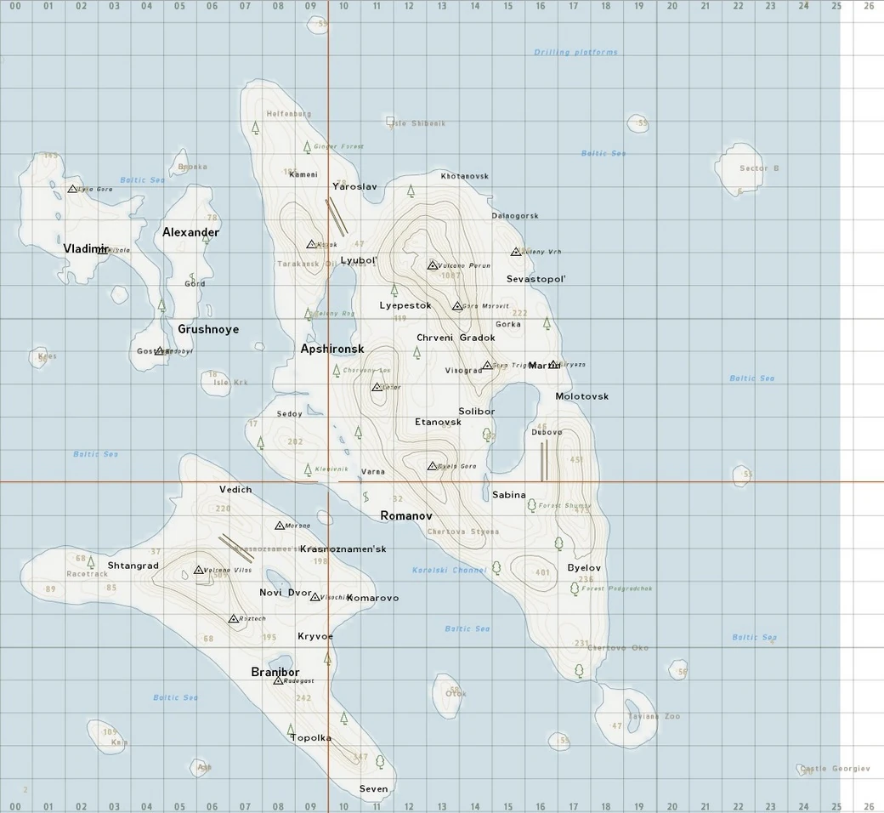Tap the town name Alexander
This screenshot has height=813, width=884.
(x=190, y=232)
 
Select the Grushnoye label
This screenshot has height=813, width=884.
(x=208, y=329)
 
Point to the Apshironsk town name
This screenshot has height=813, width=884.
(x=332, y=349)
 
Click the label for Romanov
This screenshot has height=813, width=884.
(x=406, y=516)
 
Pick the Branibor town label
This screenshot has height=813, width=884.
(x=275, y=672)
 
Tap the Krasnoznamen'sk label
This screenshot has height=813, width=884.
(x=343, y=549)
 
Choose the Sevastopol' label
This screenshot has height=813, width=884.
(x=535, y=279)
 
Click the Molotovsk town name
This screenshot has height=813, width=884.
(x=581, y=396)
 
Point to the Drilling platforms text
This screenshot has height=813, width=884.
(x=575, y=53)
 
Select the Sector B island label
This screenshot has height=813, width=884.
(x=758, y=168)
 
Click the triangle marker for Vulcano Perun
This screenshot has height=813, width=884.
(x=432, y=265)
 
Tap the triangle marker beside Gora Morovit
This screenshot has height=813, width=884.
(x=457, y=305)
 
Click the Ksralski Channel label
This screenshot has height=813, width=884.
(x=449, y=570)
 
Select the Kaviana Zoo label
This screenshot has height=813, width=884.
(x=654, y=716)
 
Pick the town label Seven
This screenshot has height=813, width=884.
(x=373, y=789)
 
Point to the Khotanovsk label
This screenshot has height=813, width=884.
(x=464, y=176)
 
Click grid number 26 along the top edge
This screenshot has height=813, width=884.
(x=868, y=5)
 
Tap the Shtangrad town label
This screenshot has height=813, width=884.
(x=133, y=566)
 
